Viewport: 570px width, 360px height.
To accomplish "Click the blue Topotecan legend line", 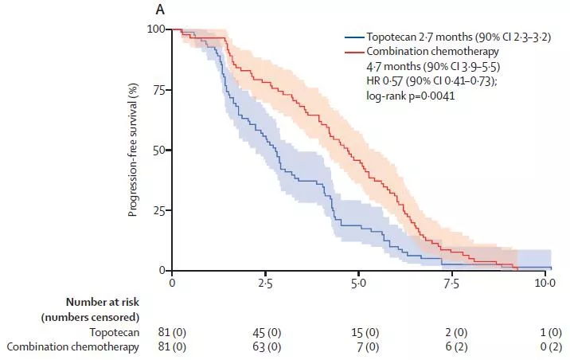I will (353, 37).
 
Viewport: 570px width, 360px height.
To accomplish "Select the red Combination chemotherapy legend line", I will (353, 51).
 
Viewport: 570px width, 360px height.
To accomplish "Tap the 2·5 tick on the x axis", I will (265, 284).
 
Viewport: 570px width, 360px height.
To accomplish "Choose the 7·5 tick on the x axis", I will (451, 284).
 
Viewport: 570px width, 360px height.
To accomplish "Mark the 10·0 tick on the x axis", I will (544, 284).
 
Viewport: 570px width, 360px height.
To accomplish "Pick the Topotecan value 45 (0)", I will (265, 331).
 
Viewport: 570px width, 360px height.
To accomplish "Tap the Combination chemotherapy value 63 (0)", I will (265, 346).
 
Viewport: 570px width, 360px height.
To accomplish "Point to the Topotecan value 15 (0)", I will (358, 331).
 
